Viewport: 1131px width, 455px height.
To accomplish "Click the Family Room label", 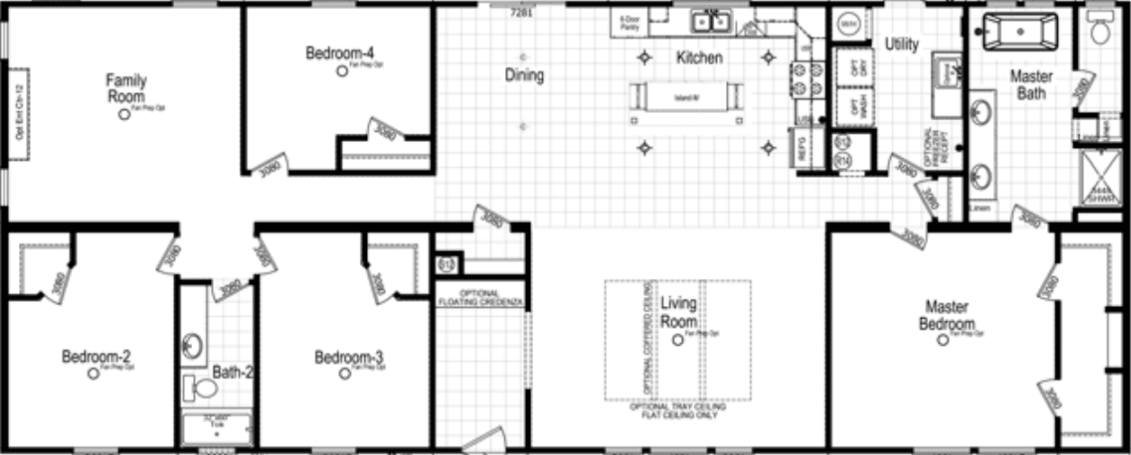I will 126,88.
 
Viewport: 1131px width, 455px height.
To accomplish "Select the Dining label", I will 524,76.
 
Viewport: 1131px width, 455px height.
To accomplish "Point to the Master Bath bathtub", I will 1019,32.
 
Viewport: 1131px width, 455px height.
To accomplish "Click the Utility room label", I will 901,43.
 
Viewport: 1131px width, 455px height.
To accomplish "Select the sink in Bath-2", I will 192,345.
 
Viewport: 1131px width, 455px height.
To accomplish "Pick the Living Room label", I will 678,311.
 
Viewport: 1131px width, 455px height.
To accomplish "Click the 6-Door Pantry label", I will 627,23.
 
